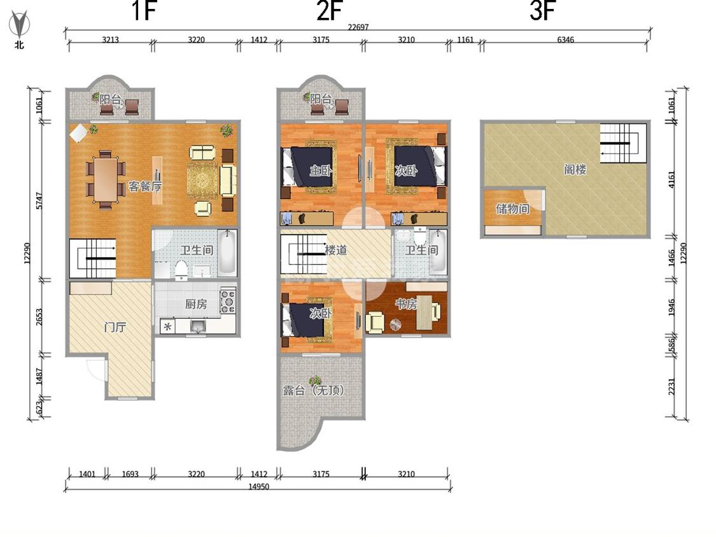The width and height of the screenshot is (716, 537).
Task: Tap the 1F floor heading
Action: coord(144,11)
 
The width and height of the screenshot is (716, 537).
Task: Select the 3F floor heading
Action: coord(542,11)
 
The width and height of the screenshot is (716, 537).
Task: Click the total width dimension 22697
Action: coord(358,27)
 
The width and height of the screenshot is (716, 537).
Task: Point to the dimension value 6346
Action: coord(565,39)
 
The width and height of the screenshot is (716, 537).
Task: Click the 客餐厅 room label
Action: coord(144,186)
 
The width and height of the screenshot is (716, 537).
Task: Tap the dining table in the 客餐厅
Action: coord(106,179)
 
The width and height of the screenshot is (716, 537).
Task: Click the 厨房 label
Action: coord(196,303)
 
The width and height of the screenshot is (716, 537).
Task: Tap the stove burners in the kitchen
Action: coord(228,301)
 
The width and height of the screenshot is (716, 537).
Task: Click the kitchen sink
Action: coord(198,326)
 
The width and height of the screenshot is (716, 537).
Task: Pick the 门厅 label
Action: coord(115,327)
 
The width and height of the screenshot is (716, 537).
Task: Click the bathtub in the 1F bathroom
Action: coord(227,253)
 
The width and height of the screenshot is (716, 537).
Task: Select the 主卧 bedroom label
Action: coord(321,171)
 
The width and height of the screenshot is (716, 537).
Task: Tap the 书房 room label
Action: coord(406,303)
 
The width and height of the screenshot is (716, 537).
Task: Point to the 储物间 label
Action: coord(513,209)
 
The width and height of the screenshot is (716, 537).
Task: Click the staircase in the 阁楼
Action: coord(623,143)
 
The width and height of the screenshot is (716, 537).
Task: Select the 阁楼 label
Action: coord(575,169)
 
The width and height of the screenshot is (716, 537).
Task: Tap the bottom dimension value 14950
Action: coord(258,486)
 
